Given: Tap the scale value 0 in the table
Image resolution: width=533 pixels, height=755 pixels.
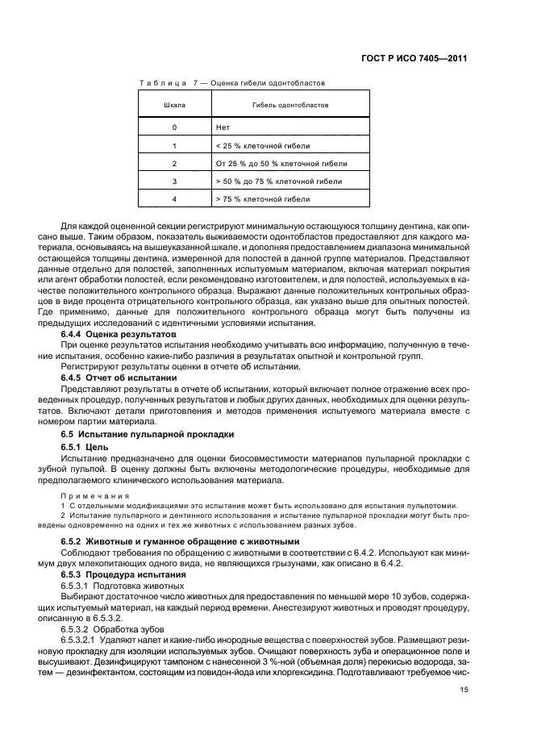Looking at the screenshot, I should pos(174,127).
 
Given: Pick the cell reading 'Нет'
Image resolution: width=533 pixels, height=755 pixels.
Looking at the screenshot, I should pos(223,127).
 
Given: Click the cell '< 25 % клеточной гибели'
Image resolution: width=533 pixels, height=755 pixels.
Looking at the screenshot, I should pos(263,146).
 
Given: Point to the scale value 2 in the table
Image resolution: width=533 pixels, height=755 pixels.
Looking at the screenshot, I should pos(174,163).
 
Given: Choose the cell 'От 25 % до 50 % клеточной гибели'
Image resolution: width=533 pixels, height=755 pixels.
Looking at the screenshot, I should pos(281,163).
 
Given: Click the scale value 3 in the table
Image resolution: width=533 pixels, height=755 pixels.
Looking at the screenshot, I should pos(174,181).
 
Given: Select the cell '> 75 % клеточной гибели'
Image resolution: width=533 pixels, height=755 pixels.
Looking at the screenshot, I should pos(263,198).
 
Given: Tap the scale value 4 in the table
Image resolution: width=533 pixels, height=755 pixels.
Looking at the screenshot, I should pos(174,198).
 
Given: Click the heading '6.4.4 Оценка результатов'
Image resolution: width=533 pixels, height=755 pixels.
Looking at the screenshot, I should pos(119,333).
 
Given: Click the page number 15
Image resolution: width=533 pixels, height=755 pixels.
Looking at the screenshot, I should pos(463,689).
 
